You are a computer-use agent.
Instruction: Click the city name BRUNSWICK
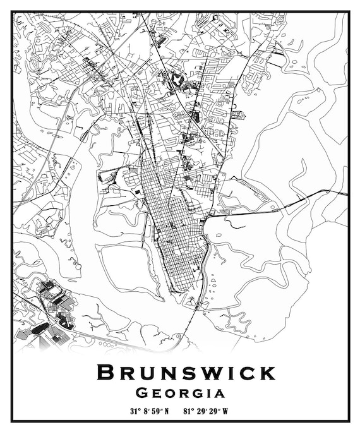[x=186, y=373]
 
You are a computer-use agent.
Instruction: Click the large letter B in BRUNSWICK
[x=106, y=373]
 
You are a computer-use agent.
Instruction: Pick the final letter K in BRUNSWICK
[x=267, y=373]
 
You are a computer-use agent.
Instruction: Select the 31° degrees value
[x=135, y=411]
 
